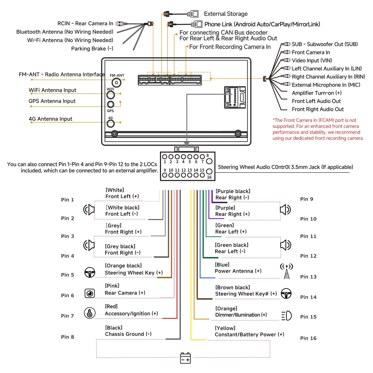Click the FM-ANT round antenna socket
click(116, 82)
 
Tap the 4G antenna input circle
click(111, 124)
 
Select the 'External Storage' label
click(226, 14)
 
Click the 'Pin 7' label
click(67, 316)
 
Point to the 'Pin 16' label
click(308, 338)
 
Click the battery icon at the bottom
click(186, 358)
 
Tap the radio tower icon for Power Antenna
click(286, 271)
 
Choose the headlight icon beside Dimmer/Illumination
click(286, 316)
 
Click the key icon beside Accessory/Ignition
click(90, 313)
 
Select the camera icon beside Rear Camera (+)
click(90, 293)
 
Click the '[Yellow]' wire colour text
click(225, 328)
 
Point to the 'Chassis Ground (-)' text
click(128, 334)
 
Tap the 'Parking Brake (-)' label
click(92, 49)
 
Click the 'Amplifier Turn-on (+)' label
click(316, 93)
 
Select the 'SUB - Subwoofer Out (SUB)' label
click(325, 44)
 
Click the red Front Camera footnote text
click(318, 129)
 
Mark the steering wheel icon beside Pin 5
click(90, 272)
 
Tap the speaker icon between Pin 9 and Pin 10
click(285, 210)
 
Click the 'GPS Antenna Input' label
click(52, 101)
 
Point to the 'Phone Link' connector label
click(262, 24)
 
